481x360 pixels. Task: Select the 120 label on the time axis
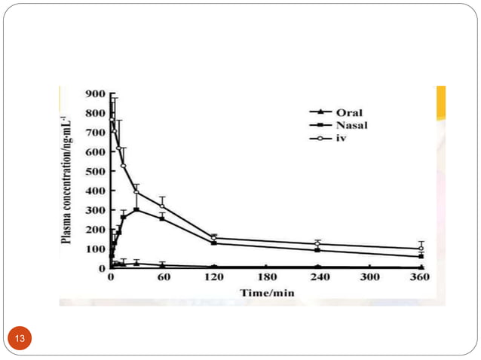click(x=214, y=276)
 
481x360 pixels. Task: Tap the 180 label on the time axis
click(x=266, y=276)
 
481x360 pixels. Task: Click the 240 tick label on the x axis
click(x=317, y=276)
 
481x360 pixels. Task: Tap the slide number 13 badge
click(x=20, y=338)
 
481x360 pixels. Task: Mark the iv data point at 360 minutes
click(x=421, y=249)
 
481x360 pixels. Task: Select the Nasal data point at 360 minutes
click(x=421, y=256)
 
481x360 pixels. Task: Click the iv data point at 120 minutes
click(x=214, y=238)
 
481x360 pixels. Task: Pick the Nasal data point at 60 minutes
click(x=162, y=218)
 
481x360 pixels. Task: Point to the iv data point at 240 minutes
click(x=317, y=243)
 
